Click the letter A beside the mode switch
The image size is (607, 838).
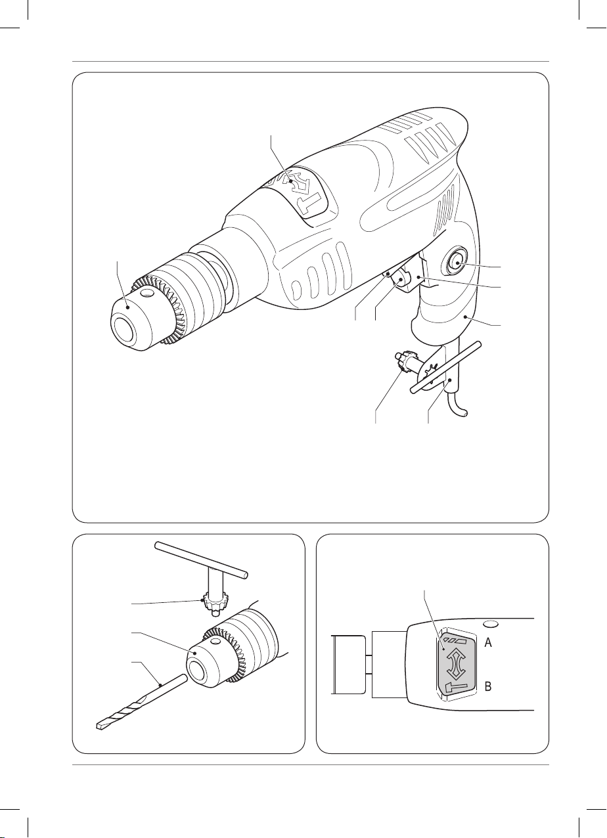488,643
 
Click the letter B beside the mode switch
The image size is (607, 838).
488,686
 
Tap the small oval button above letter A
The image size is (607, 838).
491,624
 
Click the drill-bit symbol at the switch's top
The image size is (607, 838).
453,640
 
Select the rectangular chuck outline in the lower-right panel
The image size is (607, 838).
348,665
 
